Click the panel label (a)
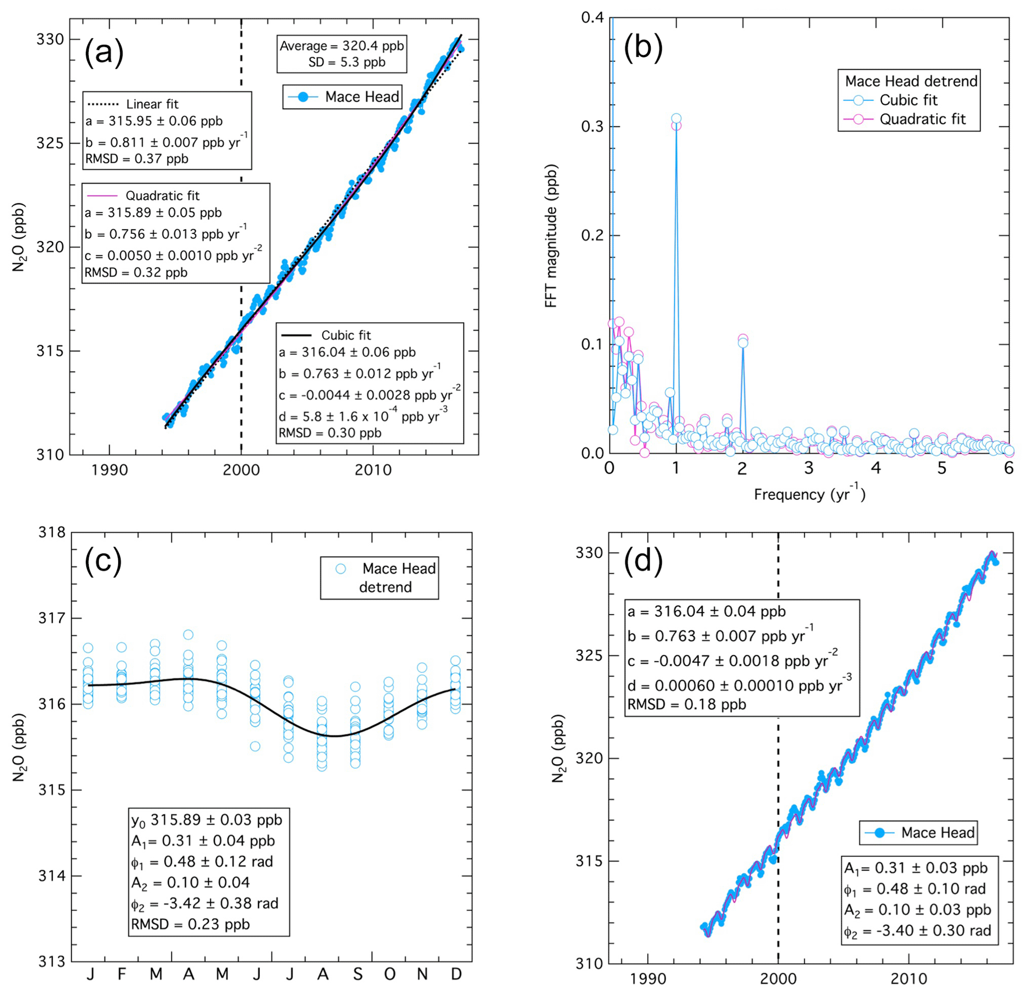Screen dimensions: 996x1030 104,52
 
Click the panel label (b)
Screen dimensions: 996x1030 643,47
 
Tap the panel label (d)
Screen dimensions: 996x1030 643,561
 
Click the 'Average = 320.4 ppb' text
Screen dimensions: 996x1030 341,46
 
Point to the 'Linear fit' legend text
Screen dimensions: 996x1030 152,104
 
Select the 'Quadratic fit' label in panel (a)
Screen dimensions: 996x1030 162,196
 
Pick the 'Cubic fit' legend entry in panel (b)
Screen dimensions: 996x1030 908,100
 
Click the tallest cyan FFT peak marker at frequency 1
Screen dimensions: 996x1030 676,119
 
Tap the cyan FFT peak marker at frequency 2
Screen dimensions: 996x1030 742,343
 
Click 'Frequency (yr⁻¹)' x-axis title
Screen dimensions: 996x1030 809,494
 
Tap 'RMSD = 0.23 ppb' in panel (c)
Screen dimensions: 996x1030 190,924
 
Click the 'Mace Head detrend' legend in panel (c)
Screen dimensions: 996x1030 379,578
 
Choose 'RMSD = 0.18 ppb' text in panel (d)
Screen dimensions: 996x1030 687,704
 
